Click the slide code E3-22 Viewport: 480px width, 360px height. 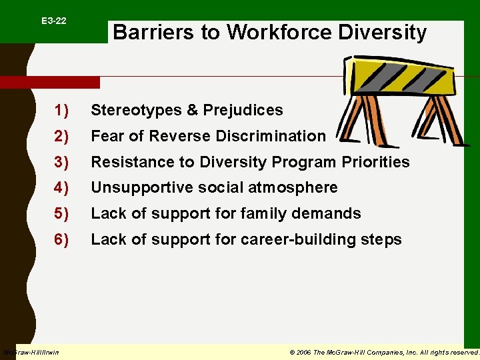tap(53, 21)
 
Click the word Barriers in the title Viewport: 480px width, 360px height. tap(147, 32)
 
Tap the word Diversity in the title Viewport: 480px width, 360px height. tap(383, 32)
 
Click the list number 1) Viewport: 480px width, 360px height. tap(62, 110)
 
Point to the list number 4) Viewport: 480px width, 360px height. tap(62, 188)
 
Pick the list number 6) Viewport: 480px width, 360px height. tap(62, 239)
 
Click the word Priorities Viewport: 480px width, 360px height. tap(376, 162)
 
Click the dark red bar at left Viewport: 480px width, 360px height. tap(49, 82)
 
